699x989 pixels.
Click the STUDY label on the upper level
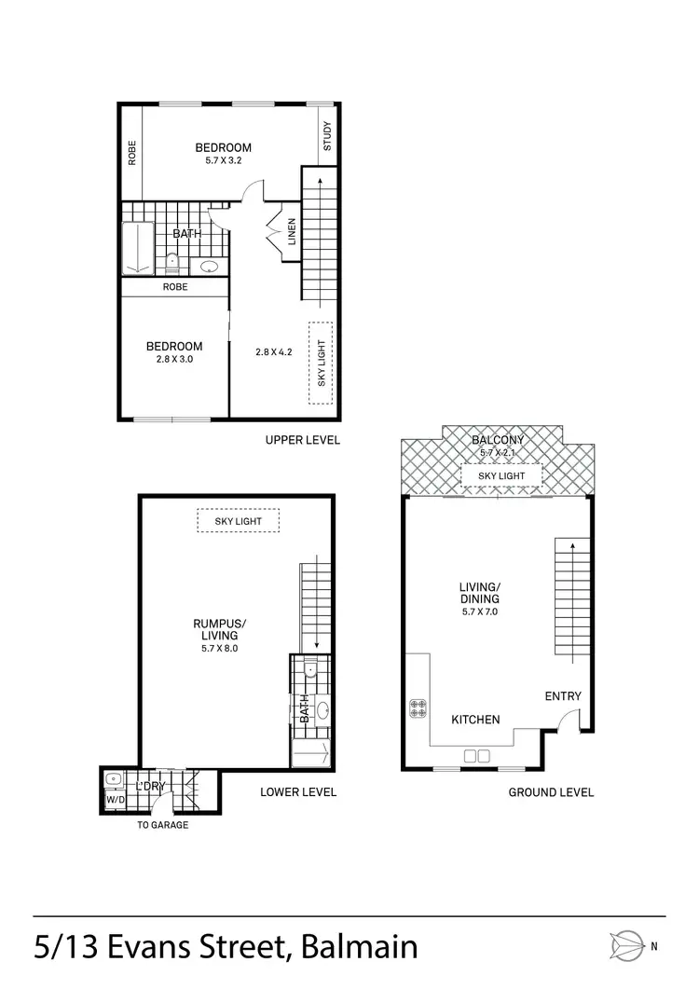pyautogui.click(x=327, y=137)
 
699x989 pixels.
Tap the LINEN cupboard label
pyautogui.click(x=292, y=232)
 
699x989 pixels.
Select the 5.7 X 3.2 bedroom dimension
pyautogui.click(x=223, y=160)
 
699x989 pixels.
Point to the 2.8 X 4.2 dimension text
pyautogui.click(x=274, y=352)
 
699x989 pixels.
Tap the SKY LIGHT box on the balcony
pyautogui.click(x=500, y=475)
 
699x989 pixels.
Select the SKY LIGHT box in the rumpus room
pyautogui.click(x=239, y=521)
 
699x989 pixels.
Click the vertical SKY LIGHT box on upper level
pyautogui.click(x=322, y=364)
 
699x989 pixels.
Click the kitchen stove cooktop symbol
pyautogui.click(x=418, y=708)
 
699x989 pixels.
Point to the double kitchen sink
pyautogui.click(x=477, y=754)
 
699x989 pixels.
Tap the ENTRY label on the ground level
pyautogui.click(x=563, y=696)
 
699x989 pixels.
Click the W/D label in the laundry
pyautogui.click(x=115, y=800)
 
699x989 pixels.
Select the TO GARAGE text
pyautogui.click(x=162, y=825)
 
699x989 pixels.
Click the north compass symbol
pyautogui.click(x=626, y=946)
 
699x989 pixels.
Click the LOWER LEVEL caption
pyautogui.click(x=298, y=792)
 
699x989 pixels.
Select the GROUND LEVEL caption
pyautogui.click(x=551, y=792)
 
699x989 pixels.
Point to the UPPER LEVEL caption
pyautogui.click(x=302, y=440)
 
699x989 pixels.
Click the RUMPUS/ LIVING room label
pyautogui.click(x=220, y=630)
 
